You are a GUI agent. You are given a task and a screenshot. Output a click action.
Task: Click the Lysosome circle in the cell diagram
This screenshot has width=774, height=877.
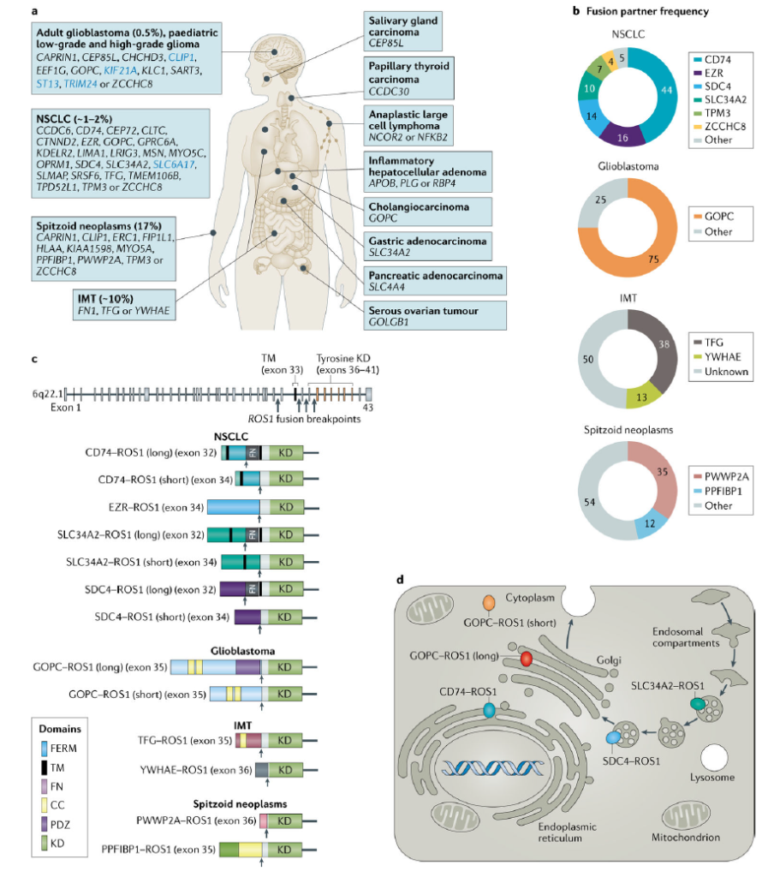click(713, 760)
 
